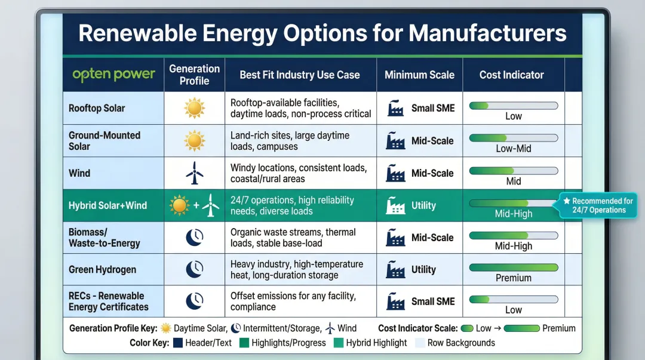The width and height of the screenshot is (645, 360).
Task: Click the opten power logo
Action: (113, 75)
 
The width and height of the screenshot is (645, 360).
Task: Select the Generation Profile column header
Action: (194, 75)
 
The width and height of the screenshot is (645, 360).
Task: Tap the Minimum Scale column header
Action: (419, 75)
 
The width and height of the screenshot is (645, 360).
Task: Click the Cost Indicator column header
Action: (511, 75)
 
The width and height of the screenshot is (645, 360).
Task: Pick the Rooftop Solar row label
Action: (97, 108)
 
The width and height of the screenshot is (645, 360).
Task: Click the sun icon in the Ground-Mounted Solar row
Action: (194, 141)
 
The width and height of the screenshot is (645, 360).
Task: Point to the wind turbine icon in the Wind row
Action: (194, 173)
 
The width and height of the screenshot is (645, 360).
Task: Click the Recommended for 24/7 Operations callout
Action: (598, 205)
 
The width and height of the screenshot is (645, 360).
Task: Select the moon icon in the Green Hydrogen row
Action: (194, 269)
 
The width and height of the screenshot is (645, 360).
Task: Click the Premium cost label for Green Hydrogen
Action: (513, 278)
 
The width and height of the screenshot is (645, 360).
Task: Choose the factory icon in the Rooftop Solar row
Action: (395, 109)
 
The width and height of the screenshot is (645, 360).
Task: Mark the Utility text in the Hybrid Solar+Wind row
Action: (423, 205)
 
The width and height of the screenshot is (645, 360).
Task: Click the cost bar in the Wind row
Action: (513, 171)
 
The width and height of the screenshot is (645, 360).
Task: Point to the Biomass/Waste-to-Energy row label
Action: (104, 238)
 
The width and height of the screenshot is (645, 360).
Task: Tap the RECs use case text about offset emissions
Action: (293, 301)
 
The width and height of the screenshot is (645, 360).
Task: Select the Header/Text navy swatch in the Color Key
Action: (177, 343)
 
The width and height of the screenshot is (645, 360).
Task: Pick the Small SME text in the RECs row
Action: (432, 301)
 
